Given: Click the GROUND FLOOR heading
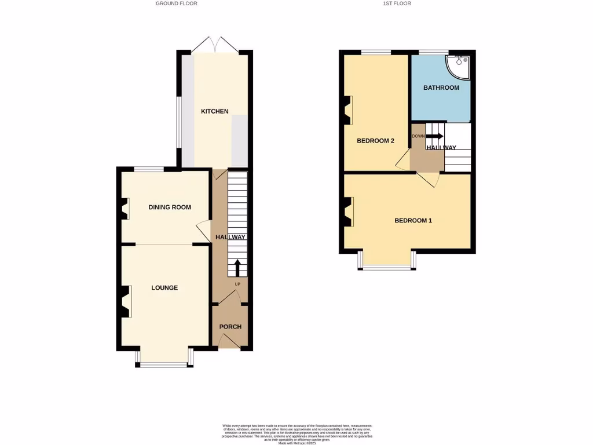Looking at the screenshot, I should (x=176, y=3).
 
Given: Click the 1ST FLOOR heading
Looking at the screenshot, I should (x=397, y=3).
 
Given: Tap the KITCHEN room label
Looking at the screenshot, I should (x=214, y=111).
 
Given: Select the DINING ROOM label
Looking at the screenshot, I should (x=170, y=207).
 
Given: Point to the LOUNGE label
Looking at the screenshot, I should (x=164, y=288).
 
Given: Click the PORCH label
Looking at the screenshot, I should (x=230, y=327).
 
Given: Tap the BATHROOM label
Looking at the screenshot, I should (x=441, y=88).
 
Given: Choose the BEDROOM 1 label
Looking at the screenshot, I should (x=413, y=221).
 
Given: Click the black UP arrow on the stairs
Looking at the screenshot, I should (x=237, y=268).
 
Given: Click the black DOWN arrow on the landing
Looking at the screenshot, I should (x=435, y=136).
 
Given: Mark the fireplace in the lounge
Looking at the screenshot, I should (x=125, y=302).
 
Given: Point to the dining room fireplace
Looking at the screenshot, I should (x=125, y=209).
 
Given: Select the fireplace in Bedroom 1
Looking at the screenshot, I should (x=348, y=211).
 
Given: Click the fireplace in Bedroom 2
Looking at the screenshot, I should (x=348, y=110).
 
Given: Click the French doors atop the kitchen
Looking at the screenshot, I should (x=214, y=45).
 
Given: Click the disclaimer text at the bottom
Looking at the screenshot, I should (x=296, y=433).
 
